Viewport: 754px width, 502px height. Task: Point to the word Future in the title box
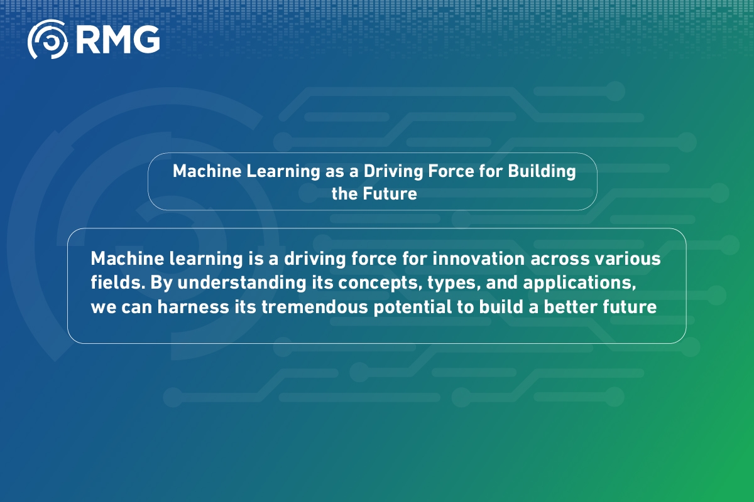pyautogui.click(x=390, y=194)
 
